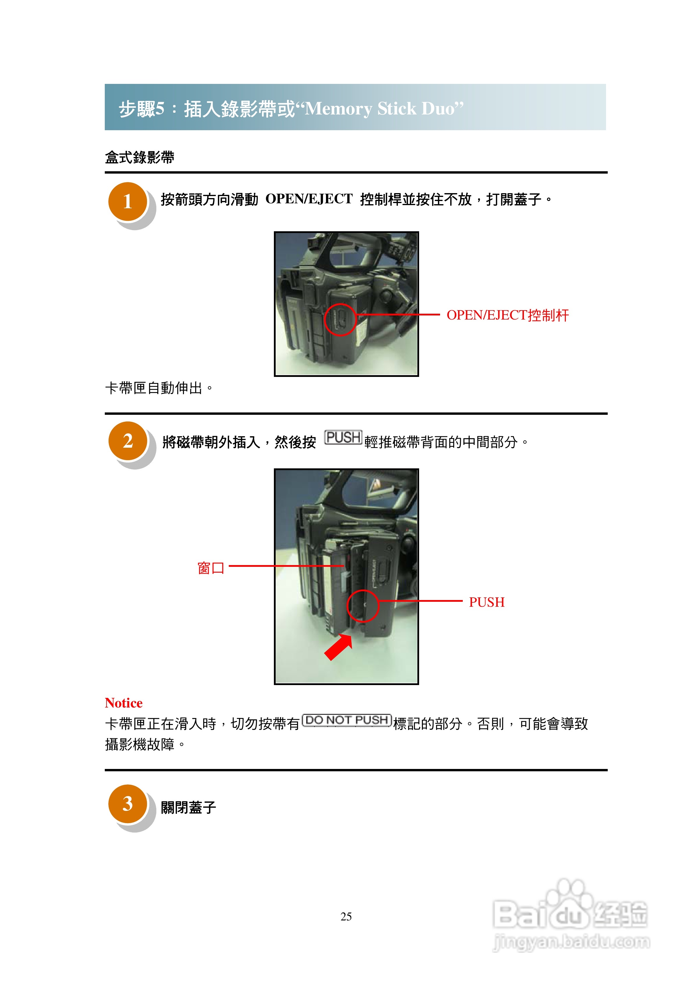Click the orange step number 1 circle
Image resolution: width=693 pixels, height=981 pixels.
(x=127, y=201)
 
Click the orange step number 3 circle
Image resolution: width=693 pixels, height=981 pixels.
(x=127, y=804)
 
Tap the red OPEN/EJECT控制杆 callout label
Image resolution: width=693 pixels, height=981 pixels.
(x=508, y=315)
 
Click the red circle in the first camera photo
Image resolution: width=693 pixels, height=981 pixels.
(x=340, y=320)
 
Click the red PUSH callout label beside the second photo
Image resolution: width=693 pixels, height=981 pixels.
(x=487, y=602)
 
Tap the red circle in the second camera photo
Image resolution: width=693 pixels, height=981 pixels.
(x=363, y=606)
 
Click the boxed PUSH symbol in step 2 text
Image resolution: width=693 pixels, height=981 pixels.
(x=343, y=437)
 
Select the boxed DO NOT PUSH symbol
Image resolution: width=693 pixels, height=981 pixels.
(x=347, y=720)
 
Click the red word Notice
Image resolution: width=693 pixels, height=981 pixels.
(x=124, y=703)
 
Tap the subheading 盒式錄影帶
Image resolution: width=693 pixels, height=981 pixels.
(x=140, y=157)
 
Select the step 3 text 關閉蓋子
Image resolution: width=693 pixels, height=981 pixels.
(x=189, y=807)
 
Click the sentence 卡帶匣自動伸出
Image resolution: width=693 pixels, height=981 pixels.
(x=159, y=388)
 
